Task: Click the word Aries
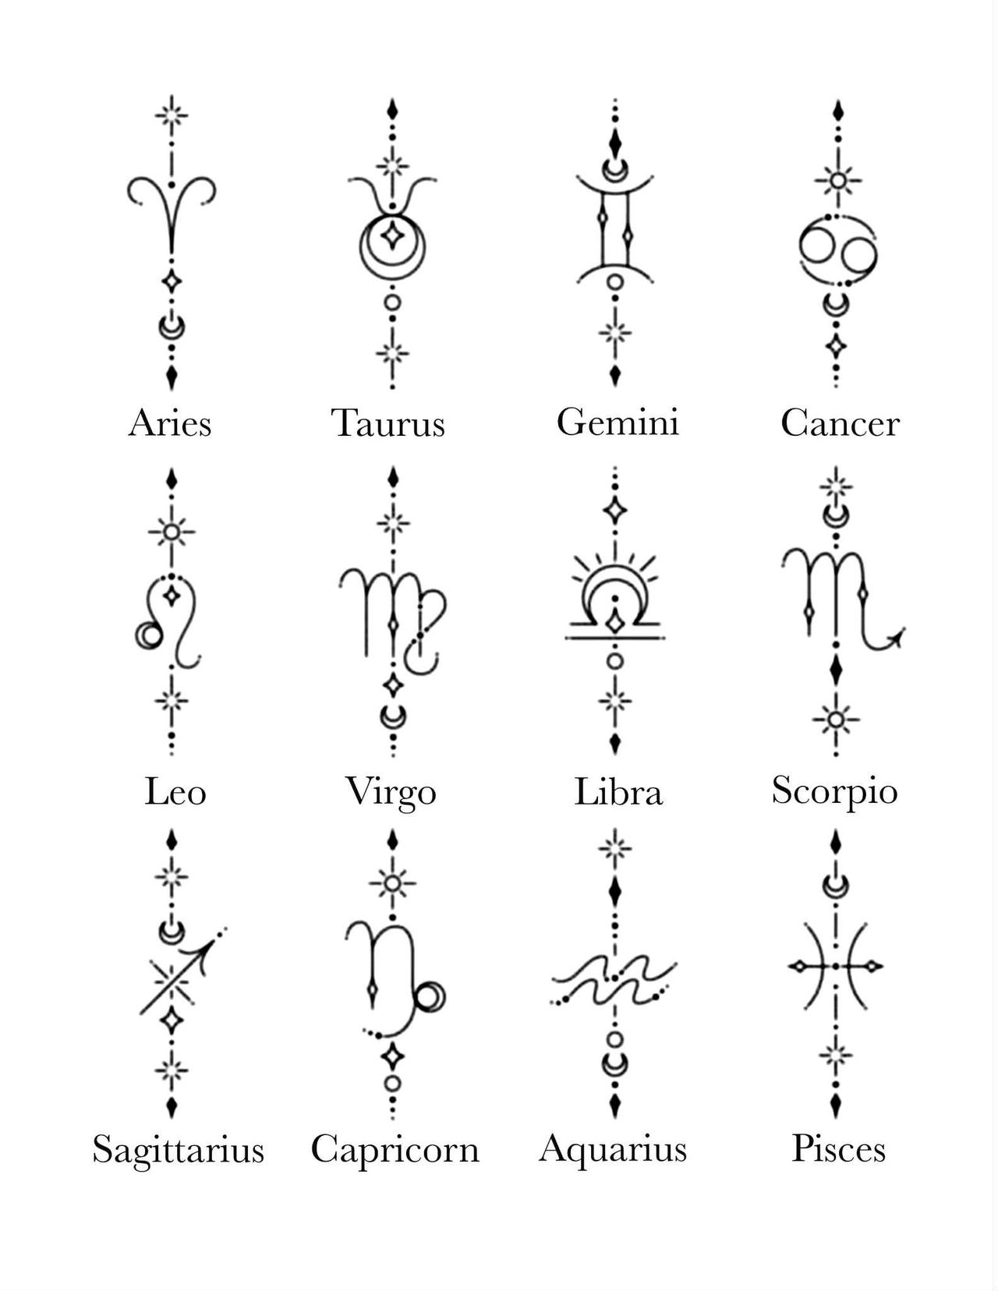[x=170, y=423]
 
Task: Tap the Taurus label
[x=388, y=423]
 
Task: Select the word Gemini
[x=618, y=422]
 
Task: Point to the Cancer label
[x=840, y=423]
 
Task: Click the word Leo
[x=175, y=792]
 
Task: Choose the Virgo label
[x=391, y=793]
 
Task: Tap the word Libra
[x=618, y=792]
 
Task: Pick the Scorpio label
[x=834, y=792]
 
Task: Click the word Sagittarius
[x=179, y=1148]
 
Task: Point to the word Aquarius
[x=613, y=1148]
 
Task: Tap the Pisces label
[x=839, y=1148]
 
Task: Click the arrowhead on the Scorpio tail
[x=897, y=638]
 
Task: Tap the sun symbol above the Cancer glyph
[x=838, y=181]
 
